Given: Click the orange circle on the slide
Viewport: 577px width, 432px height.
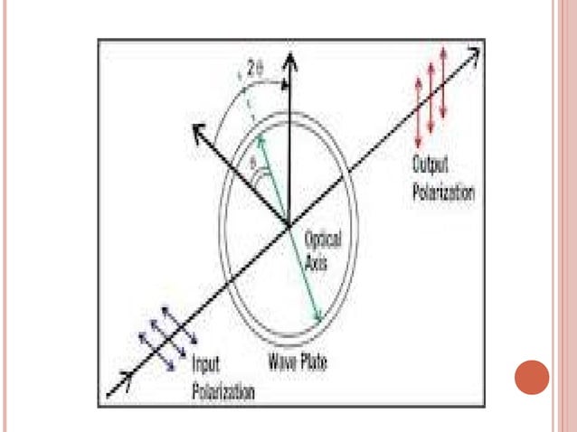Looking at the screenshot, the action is point(532,380).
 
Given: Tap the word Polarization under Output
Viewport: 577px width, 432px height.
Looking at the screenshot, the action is point(442,192).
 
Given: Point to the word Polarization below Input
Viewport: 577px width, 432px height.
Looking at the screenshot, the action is point(222,390).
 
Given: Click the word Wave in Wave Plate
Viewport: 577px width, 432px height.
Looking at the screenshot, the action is point(281,364).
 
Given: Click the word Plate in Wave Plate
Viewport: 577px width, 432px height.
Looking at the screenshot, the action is point(312,364).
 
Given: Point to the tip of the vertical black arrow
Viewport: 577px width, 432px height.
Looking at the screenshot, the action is point(288,58).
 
